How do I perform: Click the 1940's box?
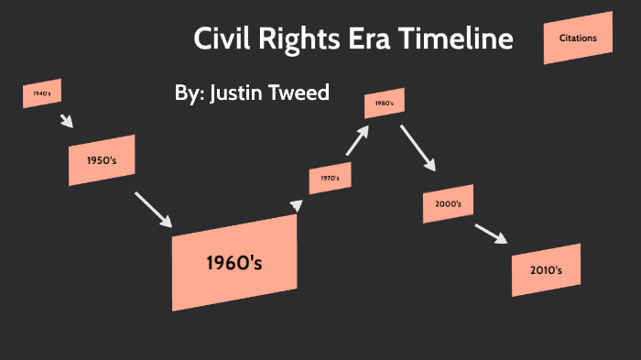pyautogui.click(x=42, y=93)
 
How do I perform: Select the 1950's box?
pyautogui.click(x=101, y=160)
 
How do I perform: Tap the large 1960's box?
pyautogui.click(x=234, y=263)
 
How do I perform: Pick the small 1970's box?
pyautogui.click(x=330, y=178)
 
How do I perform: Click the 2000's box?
pyautogui.click(x=448, y=203)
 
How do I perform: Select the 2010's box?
pyautogui.click(x=546, y=269)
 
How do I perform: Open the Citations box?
pyautogui.click(x=577, y=38)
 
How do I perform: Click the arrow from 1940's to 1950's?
pyautogui.click(x=66, y=121)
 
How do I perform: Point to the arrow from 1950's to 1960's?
pyautogui.click(x=153, y=209)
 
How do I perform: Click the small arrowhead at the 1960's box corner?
pyautogui.click(x=295, y=206)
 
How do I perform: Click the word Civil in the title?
pyautogui.click(x=219, y=39)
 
